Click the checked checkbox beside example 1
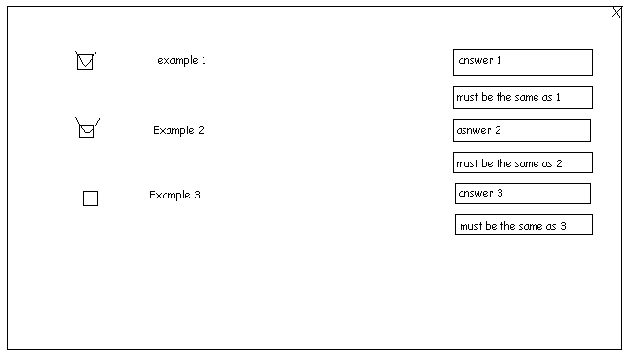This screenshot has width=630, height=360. click(85, 62)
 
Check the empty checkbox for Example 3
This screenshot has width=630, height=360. click(91, 198)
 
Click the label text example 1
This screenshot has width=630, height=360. click(181, 60)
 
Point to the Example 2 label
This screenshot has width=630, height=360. click(178, 130)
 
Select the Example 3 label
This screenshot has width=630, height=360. click(174, 195)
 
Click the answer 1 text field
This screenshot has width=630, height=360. click(523, 62)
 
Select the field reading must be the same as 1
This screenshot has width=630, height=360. click(523, 97)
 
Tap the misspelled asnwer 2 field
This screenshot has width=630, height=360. click(522, 130)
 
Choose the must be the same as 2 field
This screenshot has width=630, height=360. click(523, 162)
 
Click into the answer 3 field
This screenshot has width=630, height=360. click(523, 194)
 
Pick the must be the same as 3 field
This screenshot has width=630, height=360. click(524, 225)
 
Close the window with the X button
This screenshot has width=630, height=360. click(617, 12)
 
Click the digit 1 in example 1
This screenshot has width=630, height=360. click(204, 60)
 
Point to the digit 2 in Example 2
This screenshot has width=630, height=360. click(201, 130)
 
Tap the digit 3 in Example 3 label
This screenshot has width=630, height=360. click(197, 195)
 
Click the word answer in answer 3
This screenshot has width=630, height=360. click(475, 193)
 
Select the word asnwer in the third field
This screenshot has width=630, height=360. click(473, 130)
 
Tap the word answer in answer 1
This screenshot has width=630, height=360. click(475, 60)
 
